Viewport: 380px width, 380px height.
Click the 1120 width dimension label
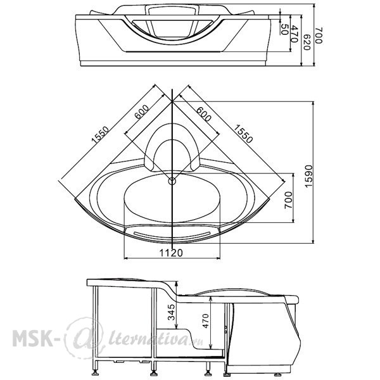(x=171, y=253)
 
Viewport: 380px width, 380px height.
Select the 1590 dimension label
(x=308, y=177)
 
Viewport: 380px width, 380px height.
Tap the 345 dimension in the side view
(x=172, y=312)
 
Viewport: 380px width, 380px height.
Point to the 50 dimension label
(x=284, y=29)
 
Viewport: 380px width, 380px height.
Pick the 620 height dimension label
(x=307, y=42)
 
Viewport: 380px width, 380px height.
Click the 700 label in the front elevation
(x=319, y=35)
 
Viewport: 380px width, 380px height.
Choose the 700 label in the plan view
(x=288, y=200)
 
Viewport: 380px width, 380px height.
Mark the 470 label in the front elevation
(x=294, y=34)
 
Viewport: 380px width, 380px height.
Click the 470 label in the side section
(x=205, y=321)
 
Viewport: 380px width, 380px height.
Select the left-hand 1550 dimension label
(x=100, y=134)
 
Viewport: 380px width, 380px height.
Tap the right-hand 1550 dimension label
(x=243, y=134)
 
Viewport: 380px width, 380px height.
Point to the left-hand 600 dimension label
(x=141, y=111)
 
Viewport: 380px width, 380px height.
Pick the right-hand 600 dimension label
(x=203, y=114)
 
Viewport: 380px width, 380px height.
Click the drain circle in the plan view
(x=172, y=180)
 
